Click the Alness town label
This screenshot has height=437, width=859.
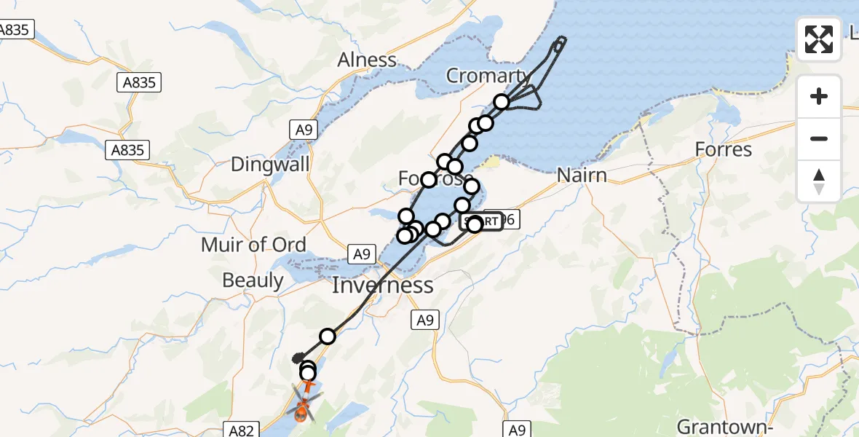(367, 60)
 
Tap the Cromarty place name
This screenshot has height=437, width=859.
(488, 76)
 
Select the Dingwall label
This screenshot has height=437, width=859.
(270, 164)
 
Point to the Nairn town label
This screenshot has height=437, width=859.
(582, 175)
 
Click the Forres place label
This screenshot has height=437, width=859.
(723, 150)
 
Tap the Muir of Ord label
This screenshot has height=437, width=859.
(253, 245)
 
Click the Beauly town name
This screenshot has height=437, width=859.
(253, 280)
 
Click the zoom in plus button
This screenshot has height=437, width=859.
(819, 96)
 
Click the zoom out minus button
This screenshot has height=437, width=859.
(819, 138)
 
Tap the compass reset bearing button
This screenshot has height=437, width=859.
(819, 181)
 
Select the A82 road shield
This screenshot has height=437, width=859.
(240, 430)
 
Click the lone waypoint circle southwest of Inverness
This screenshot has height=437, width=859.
(328, 336)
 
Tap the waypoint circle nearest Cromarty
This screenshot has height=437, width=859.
(501, 102)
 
